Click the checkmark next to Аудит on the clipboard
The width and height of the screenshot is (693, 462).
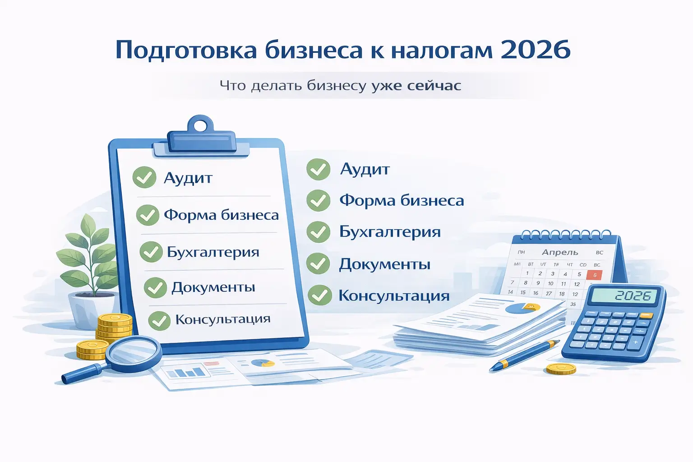(144, 177)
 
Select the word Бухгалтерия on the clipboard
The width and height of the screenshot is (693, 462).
(213, 252)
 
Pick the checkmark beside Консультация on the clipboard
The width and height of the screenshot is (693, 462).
(159, 320)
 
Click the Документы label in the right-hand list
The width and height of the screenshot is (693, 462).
(384, 264)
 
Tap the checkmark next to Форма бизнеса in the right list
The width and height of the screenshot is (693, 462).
(319, 201)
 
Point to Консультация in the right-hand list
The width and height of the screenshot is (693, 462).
(394, 296)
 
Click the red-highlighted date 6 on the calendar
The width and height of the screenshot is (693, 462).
(594, 275)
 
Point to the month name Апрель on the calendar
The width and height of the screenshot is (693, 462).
(560, 252)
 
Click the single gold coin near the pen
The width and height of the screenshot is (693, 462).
(561, 369)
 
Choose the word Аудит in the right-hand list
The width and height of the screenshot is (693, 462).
(365, 169)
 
